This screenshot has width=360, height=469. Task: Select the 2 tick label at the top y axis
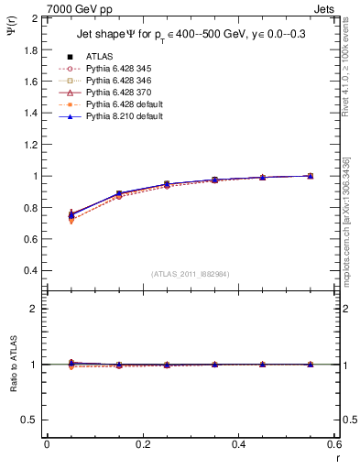tap(34, 18)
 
